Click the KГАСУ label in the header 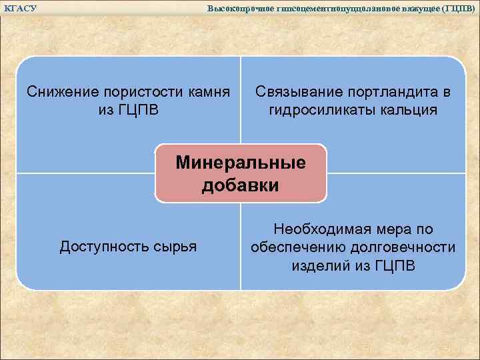[x=20, y=8]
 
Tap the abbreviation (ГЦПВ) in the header [x=459, y=8]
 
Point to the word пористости [x=145, y=91]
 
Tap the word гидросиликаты [x=321, y=109]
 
